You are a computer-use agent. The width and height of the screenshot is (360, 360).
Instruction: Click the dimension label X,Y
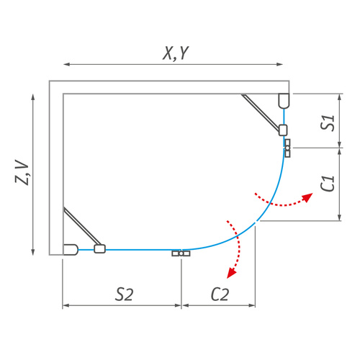pyautogui.click(x=176, y=52)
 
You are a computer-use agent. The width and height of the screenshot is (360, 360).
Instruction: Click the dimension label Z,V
pyautogui.click(x=23, y=173)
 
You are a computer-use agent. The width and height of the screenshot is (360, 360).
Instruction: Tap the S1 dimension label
pyautogui.click(x=328, y=121)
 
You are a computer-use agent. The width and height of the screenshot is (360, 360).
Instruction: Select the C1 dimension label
pyautogui.click(x=328, y=184)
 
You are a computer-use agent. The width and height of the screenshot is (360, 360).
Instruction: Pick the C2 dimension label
pyautogui.click(x=220, y=294)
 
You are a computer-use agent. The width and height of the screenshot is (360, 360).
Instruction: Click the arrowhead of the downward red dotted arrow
pyautogui.click(x=231, y=273)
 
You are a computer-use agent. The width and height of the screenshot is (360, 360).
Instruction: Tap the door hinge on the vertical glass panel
pyautogui.click(x=287, y=148)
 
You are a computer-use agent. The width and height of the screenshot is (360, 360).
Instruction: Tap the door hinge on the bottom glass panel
pyautogui.click(x=180, y=253)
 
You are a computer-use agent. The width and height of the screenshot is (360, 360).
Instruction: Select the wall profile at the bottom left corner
pyautogui.click(x=71, y=250)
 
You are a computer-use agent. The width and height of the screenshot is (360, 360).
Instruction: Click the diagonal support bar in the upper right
pyautogui.click(x=261, y=112)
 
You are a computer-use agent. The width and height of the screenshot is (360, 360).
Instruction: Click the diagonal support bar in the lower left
pyautogui.click(x=81, y=228)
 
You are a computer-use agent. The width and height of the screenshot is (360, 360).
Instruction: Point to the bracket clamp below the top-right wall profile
pyautogui.click(x=283, y=130)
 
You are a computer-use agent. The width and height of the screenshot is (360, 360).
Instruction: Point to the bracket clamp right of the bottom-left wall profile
pyautogui.click(x=99, y=248)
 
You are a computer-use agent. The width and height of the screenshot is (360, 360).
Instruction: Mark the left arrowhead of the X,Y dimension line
pyautogui.click(x=67, y=65)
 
